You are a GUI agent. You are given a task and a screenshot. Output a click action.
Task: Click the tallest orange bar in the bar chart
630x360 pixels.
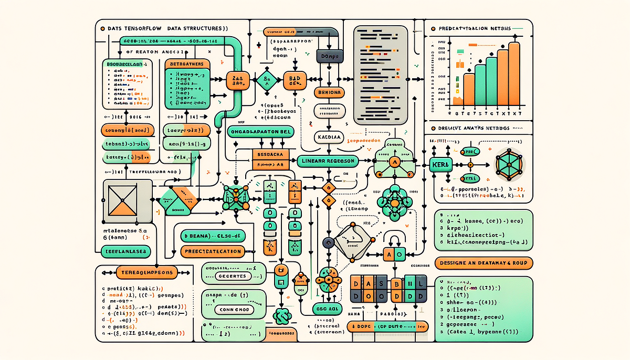click(x=514, y=73)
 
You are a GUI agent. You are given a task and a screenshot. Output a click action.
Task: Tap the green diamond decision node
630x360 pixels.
click(x=266, y=80)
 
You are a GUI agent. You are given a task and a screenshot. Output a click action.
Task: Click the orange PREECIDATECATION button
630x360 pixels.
click(x=213, y=251)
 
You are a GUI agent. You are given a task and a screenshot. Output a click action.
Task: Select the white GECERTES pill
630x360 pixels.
click(x=232, y=276)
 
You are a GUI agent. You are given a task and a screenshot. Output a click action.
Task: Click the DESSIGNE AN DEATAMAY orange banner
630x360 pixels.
click(x=484, y=262)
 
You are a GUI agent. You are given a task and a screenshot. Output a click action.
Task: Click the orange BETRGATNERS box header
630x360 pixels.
click(x=187, y=65)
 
